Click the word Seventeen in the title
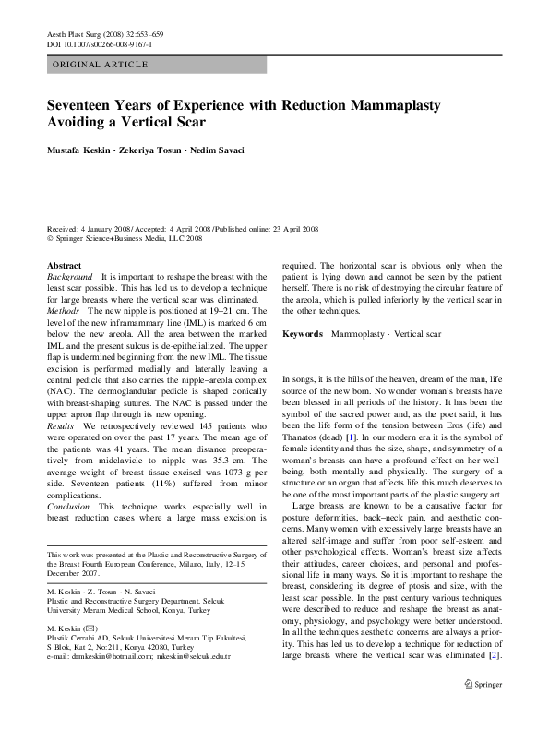[86, 106]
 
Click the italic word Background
[70, 277]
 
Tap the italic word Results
[63, 426]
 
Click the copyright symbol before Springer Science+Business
[50, 237]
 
